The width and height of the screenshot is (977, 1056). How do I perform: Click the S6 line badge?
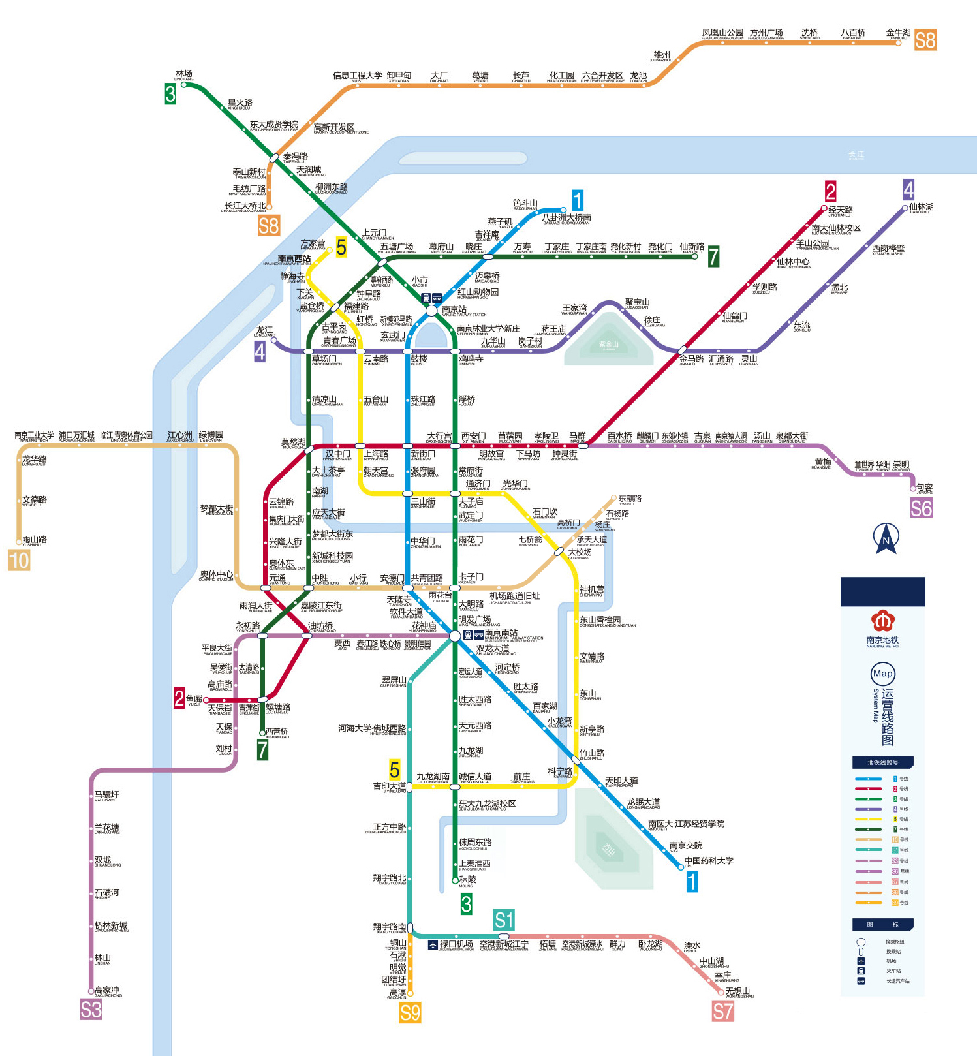coord(921,508)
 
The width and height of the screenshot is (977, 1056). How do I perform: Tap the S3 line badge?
coord(91,1010)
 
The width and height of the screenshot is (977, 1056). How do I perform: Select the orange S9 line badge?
coord(410,1012)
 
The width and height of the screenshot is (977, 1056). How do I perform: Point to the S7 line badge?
coord(722,1012)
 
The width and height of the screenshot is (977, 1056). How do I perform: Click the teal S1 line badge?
coord(504,920)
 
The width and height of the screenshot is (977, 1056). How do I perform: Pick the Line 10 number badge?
coord(19,560)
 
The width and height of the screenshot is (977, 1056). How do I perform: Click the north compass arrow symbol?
coord(886,538)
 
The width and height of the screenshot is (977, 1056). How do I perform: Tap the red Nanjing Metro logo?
coord(882,621)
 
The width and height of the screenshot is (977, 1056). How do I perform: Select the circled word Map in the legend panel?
coord(882,674)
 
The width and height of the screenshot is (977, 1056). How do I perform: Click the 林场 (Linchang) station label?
coord(184,74)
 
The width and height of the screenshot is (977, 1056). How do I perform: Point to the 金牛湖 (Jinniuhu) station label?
coord(898,33)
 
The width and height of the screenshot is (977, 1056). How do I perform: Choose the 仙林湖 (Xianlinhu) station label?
coord(921,207)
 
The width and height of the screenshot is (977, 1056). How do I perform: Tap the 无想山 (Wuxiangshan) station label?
coord(738,991)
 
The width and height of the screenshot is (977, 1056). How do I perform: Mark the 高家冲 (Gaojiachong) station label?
coord(108,991)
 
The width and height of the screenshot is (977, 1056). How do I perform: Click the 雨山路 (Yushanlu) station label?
coord(34,540)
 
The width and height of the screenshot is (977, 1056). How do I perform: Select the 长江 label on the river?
coord(856,155)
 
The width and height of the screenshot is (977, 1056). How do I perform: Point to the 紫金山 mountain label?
coord(608,344)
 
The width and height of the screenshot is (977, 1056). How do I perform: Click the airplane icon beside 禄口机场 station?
coord(433,944)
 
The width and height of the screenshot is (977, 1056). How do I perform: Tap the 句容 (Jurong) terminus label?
coord(924,488)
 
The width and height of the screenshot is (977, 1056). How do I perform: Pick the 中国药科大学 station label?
coord(709,861)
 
